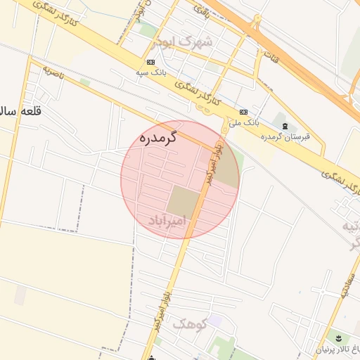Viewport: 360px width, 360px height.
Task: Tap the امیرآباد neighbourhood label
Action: [167, 221]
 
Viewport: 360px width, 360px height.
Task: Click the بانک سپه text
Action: [151, 72]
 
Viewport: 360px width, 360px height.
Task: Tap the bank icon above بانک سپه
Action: [151, 61]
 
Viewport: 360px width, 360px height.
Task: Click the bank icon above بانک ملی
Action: [243, 112]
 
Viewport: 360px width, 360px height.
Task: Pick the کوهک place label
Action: [189, 324]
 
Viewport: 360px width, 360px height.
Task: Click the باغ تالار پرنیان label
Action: [334, 349]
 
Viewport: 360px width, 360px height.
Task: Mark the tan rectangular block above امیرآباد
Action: [182, 201]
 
